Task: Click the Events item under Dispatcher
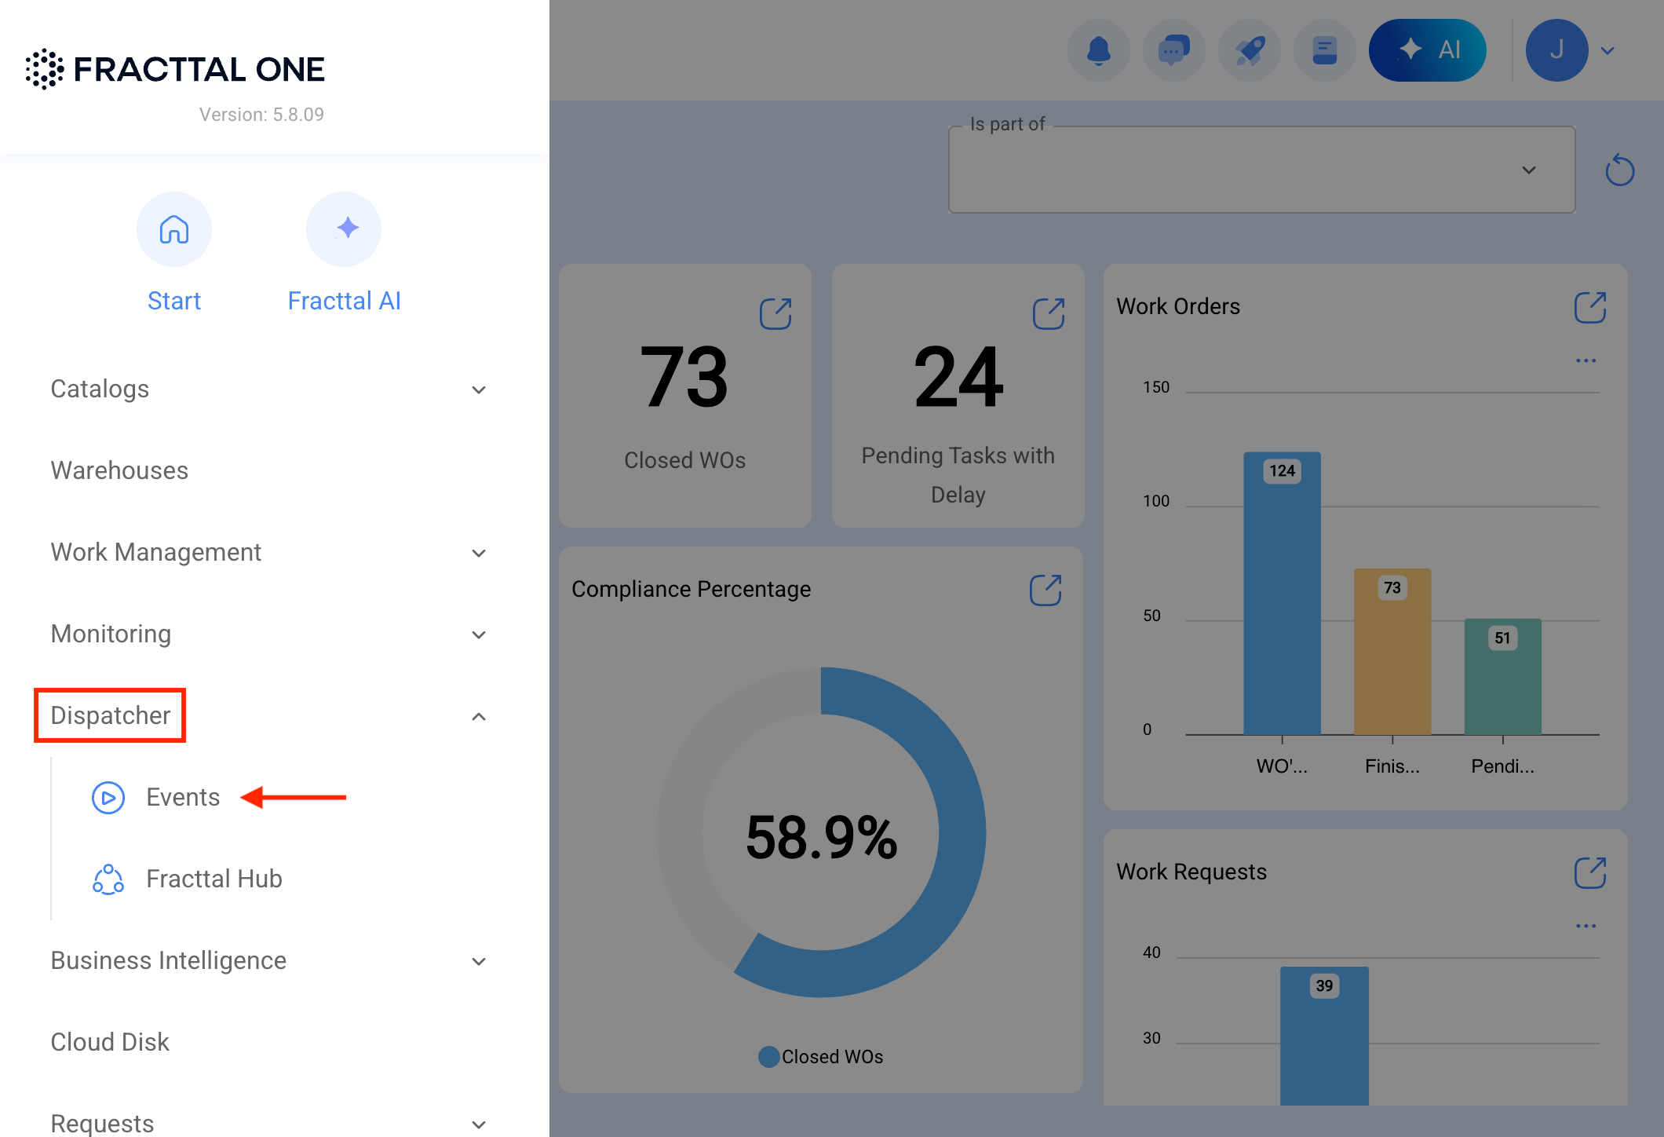183,797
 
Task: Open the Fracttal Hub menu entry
213,879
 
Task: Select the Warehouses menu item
119,470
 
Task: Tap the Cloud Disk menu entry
110,1042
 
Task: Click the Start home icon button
174,229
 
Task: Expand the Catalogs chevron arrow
479,389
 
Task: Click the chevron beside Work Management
479,553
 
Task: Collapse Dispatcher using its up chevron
479,716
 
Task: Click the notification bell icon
1099,50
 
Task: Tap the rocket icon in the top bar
1250,50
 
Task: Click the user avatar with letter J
1557,50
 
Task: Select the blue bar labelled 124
1283,594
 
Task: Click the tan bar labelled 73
1392,652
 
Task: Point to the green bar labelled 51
1503,677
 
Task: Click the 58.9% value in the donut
821,837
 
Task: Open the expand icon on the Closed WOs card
775,313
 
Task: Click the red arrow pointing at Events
294,797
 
